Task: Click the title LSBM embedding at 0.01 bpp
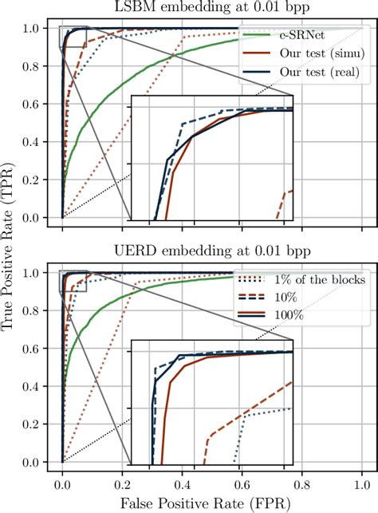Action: [211, 9]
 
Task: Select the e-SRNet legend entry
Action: [304, 37]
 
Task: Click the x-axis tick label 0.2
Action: [123, 483]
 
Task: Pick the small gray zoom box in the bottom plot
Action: [74, 281]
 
